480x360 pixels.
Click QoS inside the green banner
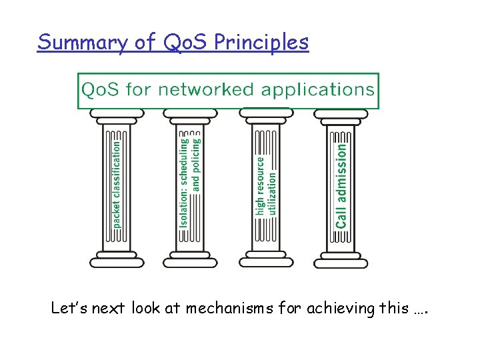pyautogui.click(x=101, y=89)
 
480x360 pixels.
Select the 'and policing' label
pyautogui.click(x=196, y=163)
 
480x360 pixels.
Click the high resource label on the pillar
pyautogui.click(x=261, y=185)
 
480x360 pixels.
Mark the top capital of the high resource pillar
pyautogui.click(x=266, y=116)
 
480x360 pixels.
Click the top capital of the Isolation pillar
pyautogui.click(x=190, y=116)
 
